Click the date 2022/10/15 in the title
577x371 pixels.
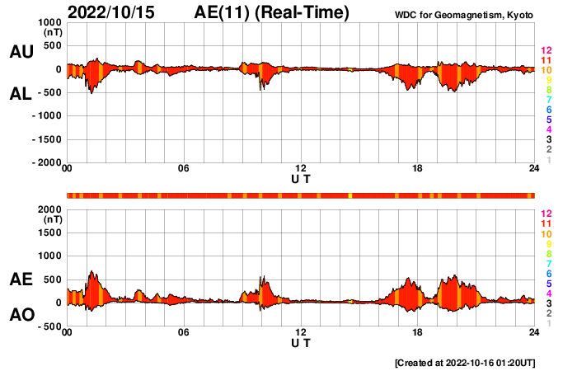pos(114,12)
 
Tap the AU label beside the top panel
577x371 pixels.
pos(21,52)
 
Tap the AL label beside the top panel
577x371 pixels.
pos(21,94)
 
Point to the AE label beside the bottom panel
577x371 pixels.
pos(21,280)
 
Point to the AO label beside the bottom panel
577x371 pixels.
pos(21,315)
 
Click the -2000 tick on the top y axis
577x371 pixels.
pos(48,163)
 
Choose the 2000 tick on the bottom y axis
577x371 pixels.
pos(51,209)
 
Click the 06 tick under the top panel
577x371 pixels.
pos(184,169)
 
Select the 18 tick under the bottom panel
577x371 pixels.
pos(417,332)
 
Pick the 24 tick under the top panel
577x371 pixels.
pos(534,169)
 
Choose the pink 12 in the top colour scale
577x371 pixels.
pos(545,50)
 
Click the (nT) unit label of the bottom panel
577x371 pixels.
pos(52,220)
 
